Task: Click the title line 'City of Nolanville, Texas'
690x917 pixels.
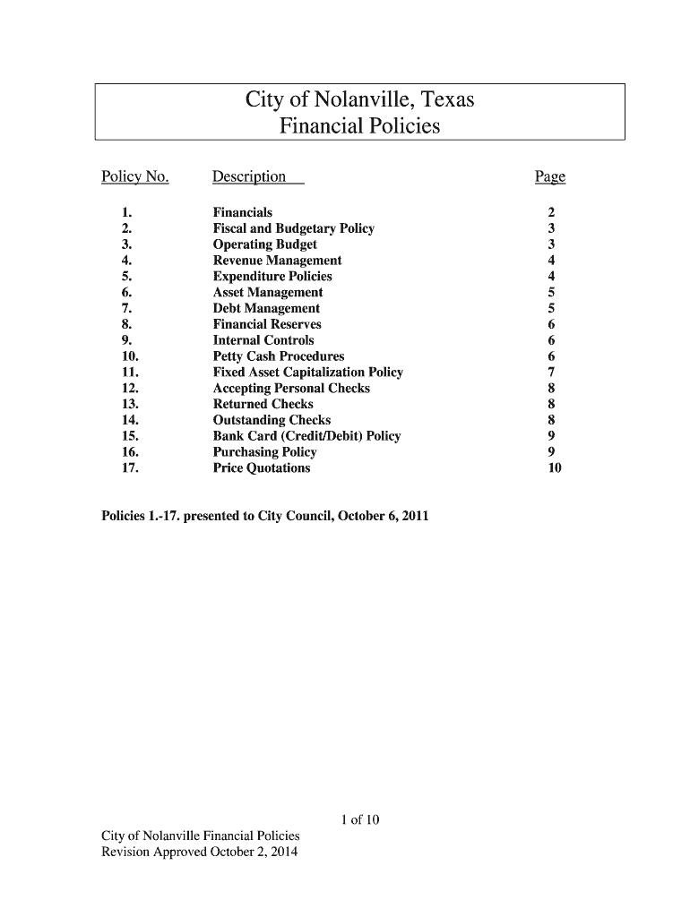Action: (359, 100)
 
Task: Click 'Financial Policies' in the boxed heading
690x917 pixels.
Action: (359, 126)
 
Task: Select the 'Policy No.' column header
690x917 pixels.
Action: (135, 177)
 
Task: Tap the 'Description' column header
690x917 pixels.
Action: (250, 177)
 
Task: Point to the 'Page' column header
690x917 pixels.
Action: (550, 177)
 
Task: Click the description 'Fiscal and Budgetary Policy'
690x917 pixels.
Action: (293, 228)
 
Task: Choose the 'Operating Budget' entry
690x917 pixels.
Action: (264, 244)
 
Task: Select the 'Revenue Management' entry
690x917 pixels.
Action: (277, 261)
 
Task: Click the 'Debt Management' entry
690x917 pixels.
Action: (266, 308)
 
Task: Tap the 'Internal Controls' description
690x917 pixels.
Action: (263, 340)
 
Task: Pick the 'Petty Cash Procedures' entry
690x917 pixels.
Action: (278, 356)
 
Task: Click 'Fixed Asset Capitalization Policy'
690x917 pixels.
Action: (307, 373)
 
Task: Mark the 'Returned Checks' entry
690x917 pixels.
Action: (263, 404)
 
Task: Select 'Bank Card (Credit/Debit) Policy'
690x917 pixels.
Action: (306, 436)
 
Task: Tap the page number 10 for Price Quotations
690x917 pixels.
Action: (555, 468)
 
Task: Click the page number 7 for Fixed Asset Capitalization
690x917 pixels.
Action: (552, 373)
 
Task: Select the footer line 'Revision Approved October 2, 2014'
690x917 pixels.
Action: (200, 852)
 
